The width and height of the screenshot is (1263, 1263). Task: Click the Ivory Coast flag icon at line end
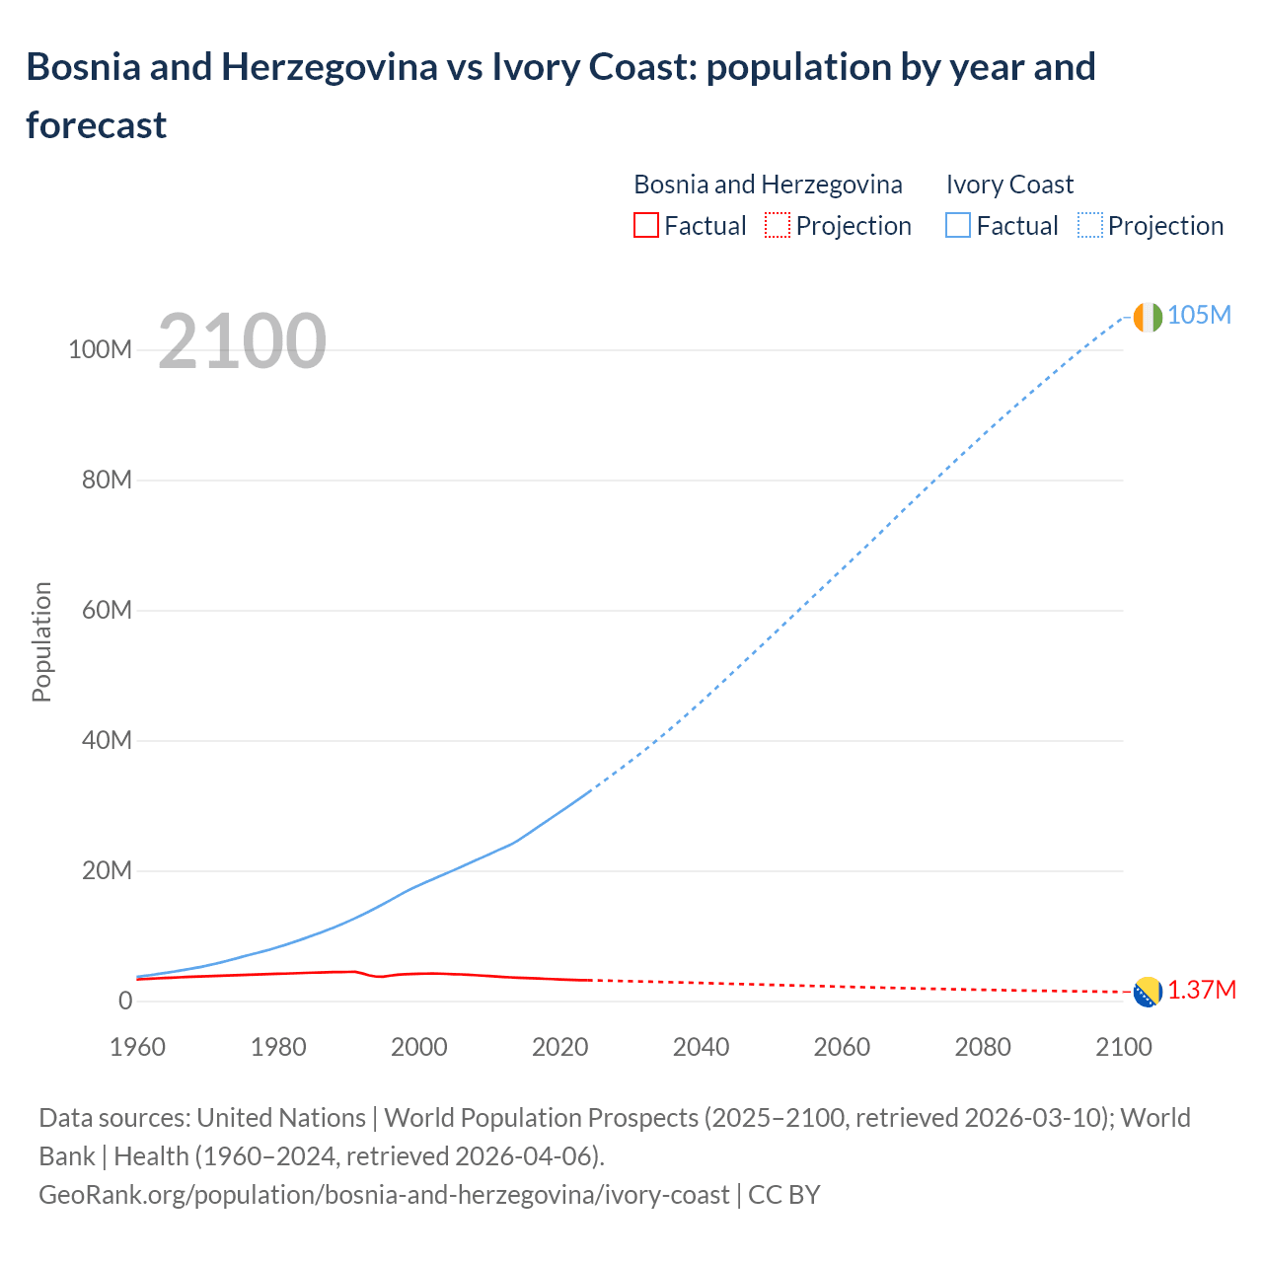[1148, 317]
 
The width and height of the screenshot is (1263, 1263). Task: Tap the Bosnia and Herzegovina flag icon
[1148, 992]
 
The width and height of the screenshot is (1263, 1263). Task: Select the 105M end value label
[1199, 315]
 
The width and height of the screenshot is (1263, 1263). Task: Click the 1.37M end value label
[1202, 991]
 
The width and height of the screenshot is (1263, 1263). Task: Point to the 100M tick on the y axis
[100, 350]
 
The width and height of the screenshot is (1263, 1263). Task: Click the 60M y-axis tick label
[107, 611]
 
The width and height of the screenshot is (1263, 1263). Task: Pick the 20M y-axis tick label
[107, 871]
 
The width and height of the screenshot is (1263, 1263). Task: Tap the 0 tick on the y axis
[124, 1001]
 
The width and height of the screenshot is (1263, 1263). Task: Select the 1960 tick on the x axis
[137, 1047]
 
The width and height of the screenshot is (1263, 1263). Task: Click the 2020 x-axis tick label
[559, 1047]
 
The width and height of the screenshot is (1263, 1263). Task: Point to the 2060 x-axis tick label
[842, 1047]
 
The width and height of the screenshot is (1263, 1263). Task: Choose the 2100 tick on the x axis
[1123, 1047]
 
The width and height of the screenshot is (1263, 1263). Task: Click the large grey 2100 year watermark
[242, 341]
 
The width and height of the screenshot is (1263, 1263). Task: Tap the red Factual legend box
[645, 226]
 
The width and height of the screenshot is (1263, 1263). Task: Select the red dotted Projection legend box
[778, 226]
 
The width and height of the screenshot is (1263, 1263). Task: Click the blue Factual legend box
[957, 226]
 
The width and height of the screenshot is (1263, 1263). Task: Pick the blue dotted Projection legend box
[1089, 226]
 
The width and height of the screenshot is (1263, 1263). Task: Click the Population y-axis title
[41, 641]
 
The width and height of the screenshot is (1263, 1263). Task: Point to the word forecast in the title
[96, 125]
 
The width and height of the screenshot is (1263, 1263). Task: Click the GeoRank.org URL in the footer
[384, 1195]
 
